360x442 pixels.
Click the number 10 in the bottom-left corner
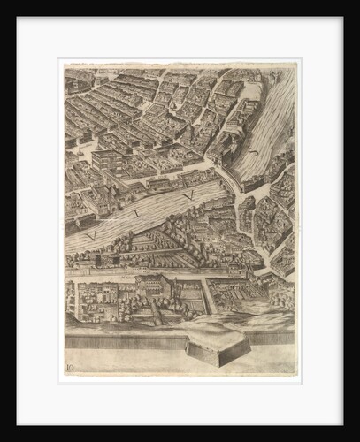pos(71,364)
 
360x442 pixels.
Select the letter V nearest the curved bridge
pos(187,194)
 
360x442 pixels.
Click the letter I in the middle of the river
pos(136,213)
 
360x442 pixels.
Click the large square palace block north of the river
pos(107,161)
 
